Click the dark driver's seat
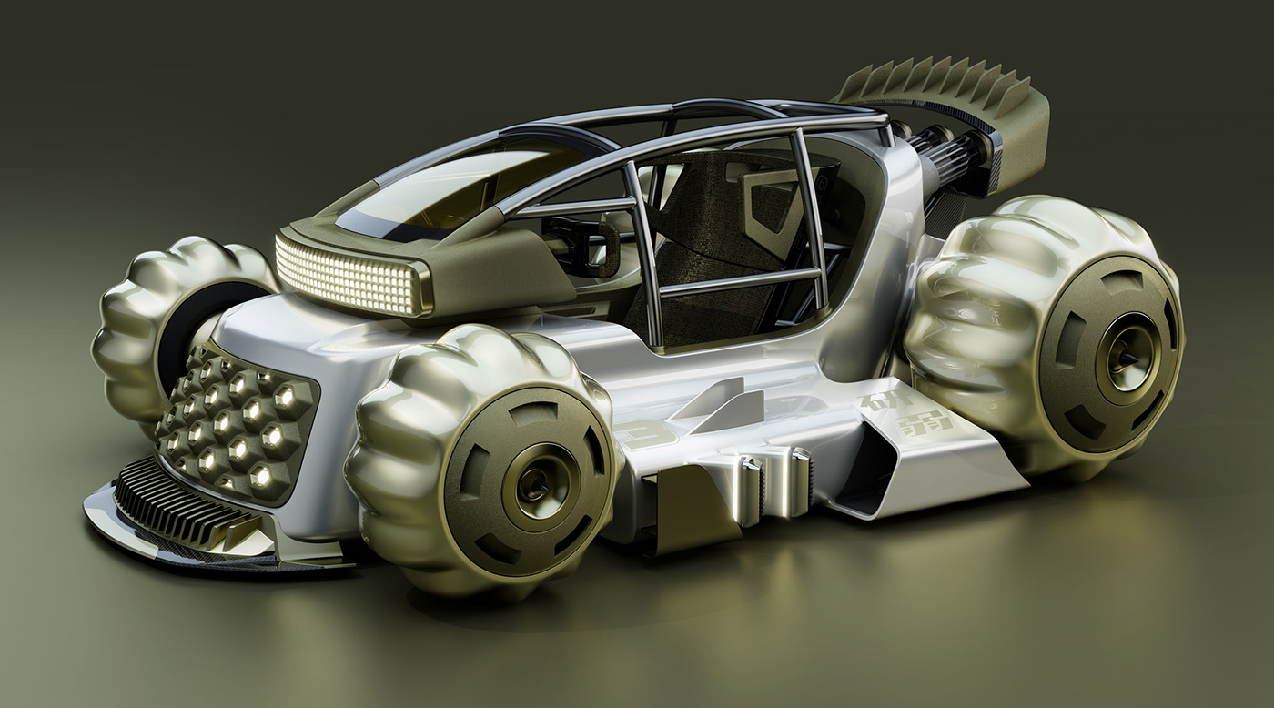[x=719, y=246]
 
